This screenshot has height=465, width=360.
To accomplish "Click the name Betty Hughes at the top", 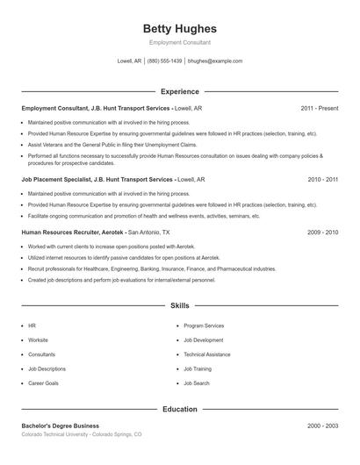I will [x=180, y=29].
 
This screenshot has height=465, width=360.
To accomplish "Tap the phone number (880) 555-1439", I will [x=165, y=61].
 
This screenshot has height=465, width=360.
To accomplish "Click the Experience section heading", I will [x=180, y=91].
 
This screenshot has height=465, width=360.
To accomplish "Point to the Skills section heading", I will [x=180, y=306].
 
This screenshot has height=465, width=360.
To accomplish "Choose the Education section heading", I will [x=180, y=409].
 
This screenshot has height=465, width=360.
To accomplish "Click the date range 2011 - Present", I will [x=319, y=108].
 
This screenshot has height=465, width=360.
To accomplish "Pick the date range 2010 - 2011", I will [x=322, y=179].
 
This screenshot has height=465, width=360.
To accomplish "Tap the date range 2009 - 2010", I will [x=322, y=232].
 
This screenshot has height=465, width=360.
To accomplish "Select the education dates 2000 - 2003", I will [x=322, y=426].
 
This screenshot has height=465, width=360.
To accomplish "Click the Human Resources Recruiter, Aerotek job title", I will [x=73, y=232].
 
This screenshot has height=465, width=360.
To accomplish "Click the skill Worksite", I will [x=39, y=340].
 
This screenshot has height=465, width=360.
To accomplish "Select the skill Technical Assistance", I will [x=207, y=354].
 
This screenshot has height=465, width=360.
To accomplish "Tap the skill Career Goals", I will [x=43, y=383].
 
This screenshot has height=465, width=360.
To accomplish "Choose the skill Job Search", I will [x=197, y=383].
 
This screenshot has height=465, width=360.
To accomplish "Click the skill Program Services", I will [x=204, y=325].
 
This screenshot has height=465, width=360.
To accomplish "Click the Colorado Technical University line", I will [x=81, y=434].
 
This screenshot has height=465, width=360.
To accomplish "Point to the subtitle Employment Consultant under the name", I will [x=180, y=42].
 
